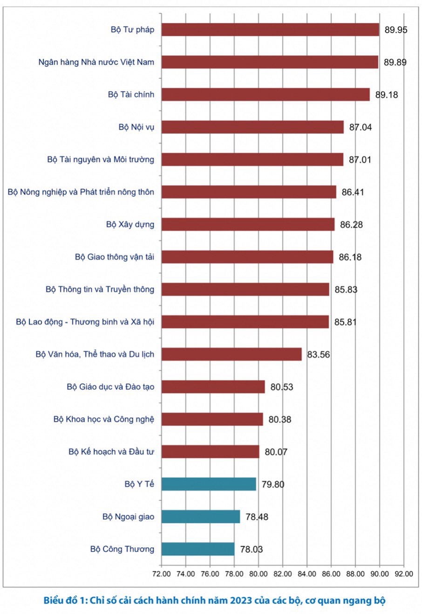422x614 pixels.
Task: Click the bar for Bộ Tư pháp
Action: [x=270, y=30]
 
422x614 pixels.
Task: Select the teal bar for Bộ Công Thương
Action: [x=198, y=549]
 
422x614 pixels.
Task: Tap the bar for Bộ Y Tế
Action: [x=209, y=484]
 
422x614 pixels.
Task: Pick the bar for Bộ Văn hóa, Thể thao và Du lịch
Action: [x=231, y=354]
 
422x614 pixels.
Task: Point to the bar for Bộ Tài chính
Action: [x=265, y=95]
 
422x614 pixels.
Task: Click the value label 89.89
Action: [x=395, y=62]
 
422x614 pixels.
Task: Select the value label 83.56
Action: [x=318, y=355]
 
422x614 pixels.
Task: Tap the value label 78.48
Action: [x=257, y=517]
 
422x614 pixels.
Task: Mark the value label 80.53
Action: [x=282, y=387]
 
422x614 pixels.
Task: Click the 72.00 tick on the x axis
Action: [x=162, y=574]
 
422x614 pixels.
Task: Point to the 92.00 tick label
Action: [x=403, y=574]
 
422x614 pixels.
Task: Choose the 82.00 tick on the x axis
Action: [x=283, y=574]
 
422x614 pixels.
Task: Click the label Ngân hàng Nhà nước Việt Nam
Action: [x=96, y=62]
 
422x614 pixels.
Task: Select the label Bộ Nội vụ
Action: [x=136, y=127]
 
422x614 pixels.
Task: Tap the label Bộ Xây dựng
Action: [x=130, y=225]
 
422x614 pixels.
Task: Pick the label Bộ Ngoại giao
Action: [x=128, y=517]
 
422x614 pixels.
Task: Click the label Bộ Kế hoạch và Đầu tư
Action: [x=111, y=452]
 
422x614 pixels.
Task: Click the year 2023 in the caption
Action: [x=241, y=600]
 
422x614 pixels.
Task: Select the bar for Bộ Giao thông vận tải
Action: [x=247, y=257]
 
